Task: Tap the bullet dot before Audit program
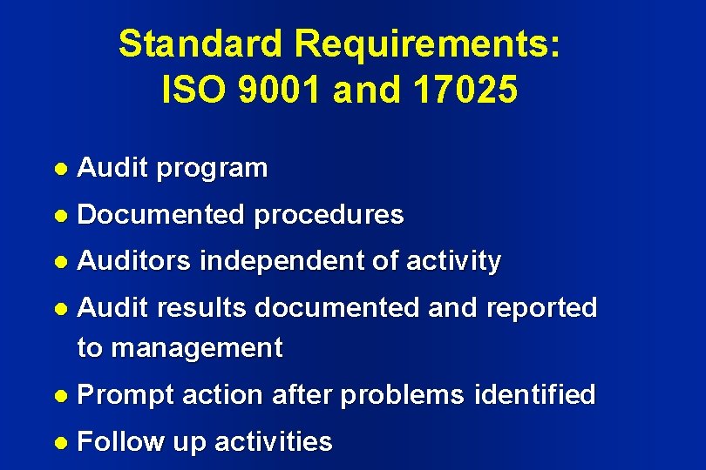pyautogui.click(x=60, y=168)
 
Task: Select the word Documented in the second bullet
pyautogui.click(x=161, y=214)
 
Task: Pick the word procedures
pyautogui.click(x=329, y=214)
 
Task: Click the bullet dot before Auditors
pyautogui.click(x=60, y=261)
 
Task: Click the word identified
pyautogui.click(x=534, y=395)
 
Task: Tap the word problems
pyautogui.click(x=402, y=395)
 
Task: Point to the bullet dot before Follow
pyautogui.click(x=60, y=442)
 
